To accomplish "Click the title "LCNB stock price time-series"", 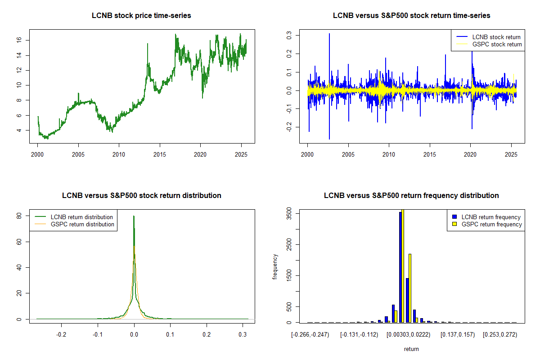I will (x=141, y=16).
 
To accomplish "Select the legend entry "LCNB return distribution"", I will (x=81, y=217).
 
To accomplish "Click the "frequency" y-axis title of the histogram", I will (x=274, y=267).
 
